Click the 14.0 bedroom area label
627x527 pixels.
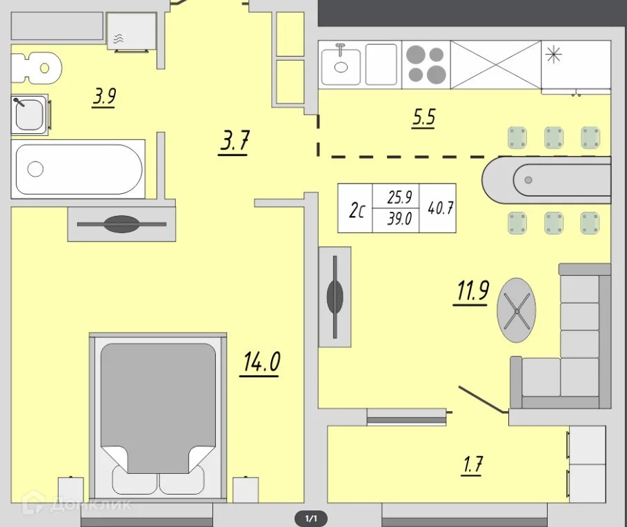261,363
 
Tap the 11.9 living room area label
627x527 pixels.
472,292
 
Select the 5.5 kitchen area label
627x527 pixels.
424,118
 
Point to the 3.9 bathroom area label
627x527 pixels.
104,97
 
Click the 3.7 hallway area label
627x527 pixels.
235,141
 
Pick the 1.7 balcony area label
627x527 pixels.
472,465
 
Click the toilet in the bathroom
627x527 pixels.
36,68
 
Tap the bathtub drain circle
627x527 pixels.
35,169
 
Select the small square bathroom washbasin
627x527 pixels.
30,115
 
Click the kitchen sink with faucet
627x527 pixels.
341,64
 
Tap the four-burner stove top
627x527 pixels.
426,64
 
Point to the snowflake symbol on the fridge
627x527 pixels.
554,54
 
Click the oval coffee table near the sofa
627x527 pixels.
516,310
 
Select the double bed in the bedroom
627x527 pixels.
158,418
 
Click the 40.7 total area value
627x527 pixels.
440,208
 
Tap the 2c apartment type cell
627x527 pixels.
357,210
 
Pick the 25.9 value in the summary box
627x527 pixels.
399,197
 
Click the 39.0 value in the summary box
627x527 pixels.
399,219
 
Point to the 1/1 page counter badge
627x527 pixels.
311,519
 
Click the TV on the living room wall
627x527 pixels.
335,297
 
